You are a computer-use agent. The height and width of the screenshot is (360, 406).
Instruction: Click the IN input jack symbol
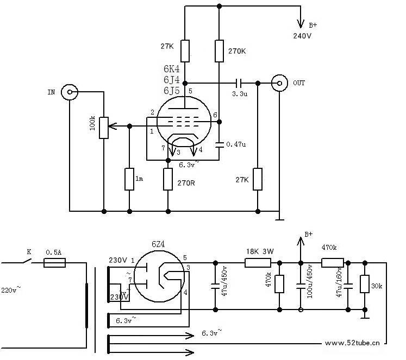69,92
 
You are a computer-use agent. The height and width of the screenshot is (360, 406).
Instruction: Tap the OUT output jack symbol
279,83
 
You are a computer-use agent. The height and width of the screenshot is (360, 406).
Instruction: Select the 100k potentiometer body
103,127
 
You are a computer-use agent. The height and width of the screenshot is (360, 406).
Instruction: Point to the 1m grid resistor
129,179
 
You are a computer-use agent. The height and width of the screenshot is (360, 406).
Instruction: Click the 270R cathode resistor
168,179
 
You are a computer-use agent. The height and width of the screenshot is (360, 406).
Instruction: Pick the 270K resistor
220,50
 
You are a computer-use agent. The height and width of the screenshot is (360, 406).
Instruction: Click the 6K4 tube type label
171,70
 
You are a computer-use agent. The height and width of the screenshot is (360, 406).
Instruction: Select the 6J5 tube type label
171,90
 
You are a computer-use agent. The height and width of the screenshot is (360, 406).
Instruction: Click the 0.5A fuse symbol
54,263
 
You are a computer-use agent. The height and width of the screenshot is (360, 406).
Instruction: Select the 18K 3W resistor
254,263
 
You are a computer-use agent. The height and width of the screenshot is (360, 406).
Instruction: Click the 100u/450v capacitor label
309,281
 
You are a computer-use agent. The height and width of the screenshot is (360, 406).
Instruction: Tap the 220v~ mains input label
11,289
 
